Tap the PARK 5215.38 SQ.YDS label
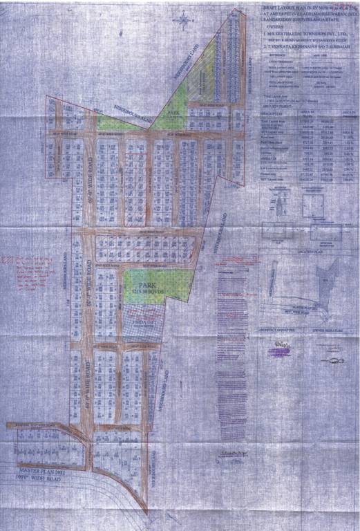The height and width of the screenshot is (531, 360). [146, 287]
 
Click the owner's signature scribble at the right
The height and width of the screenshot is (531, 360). [325, 344]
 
